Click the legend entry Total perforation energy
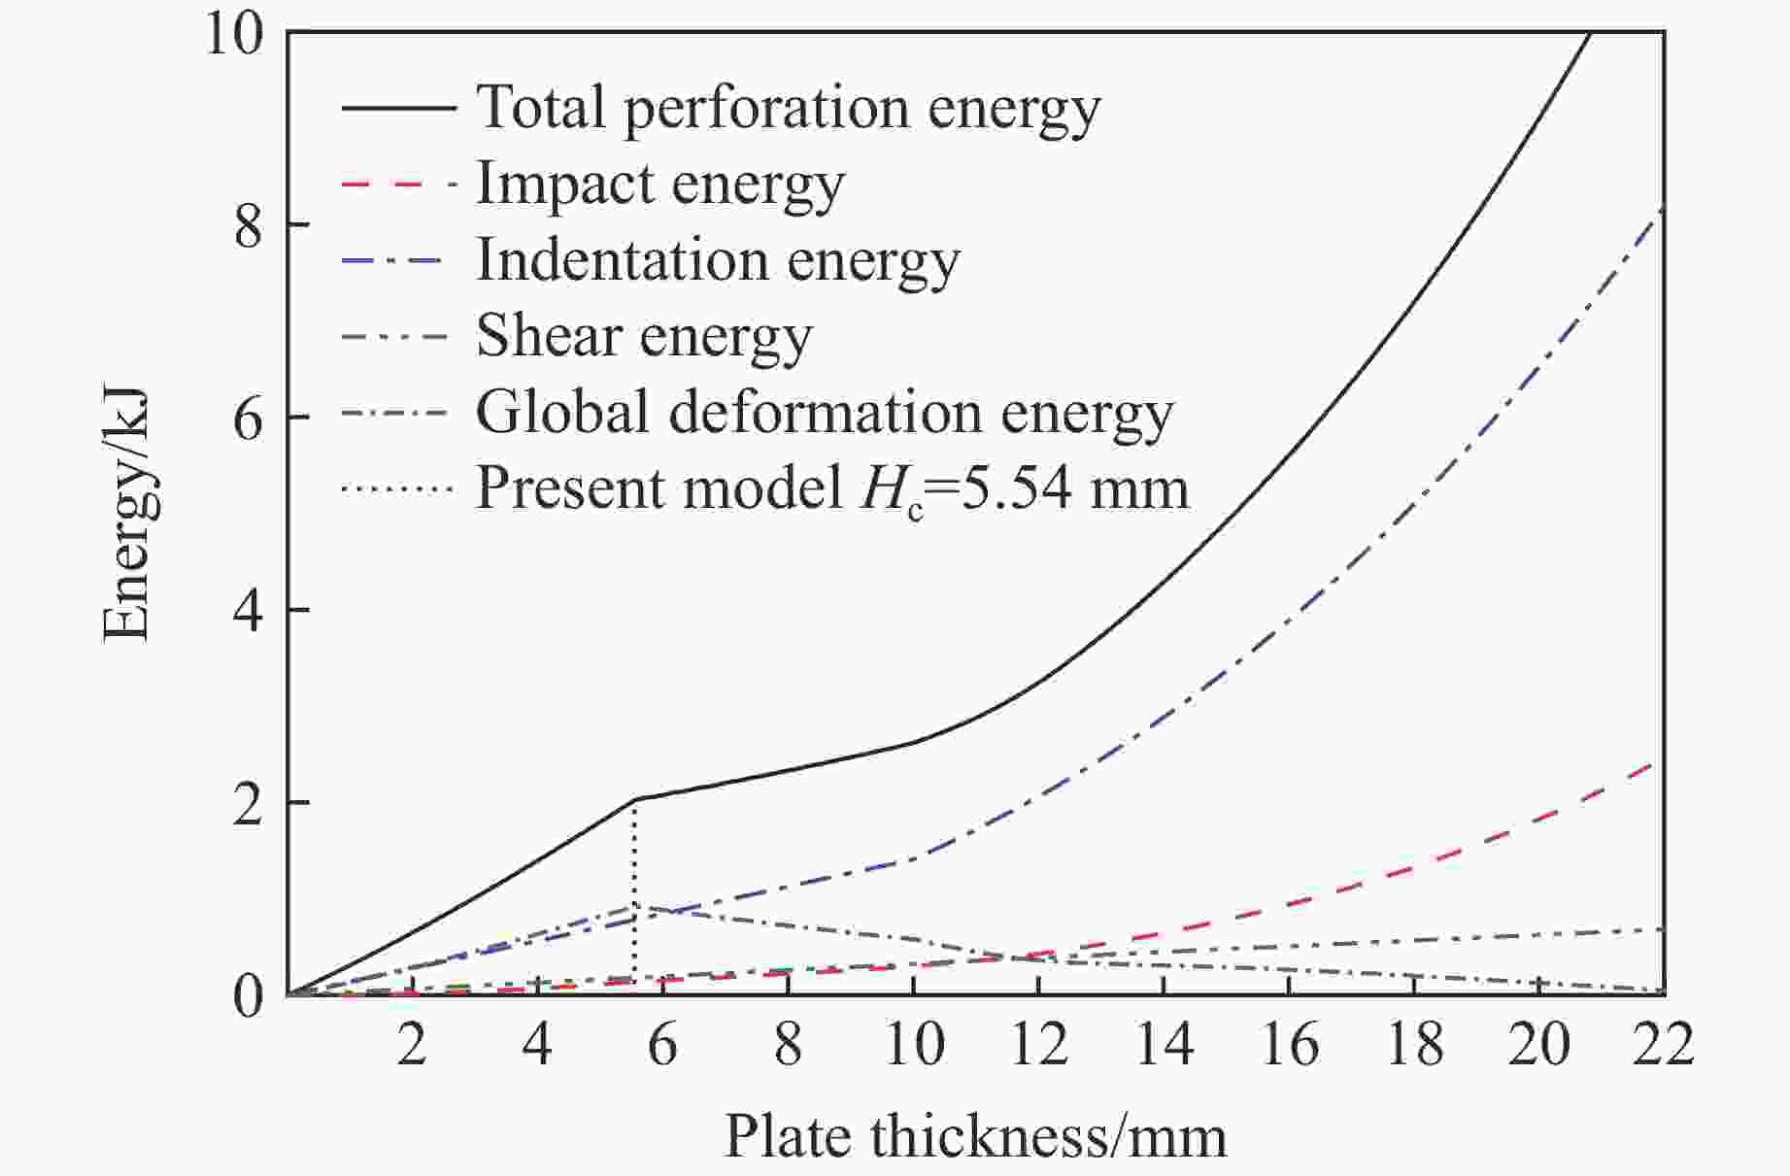[788, 107]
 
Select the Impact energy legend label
[660, 184]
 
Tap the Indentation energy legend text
[718, 259]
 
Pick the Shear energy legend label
[644, 336]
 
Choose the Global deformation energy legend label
[825, 412]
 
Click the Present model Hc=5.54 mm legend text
[832, 487]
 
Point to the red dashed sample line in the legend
[398, 183]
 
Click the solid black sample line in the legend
[398, 107]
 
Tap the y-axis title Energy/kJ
[126, 515]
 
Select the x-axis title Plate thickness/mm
[975, 1135]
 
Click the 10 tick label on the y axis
[234, 35]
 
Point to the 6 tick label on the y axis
[249, 419]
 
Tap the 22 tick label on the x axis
[1662, 1045]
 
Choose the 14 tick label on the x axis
[1163, 1045]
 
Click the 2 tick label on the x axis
[412, 1045]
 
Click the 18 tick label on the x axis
[1413, 1045]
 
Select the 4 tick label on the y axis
[249, 612]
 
